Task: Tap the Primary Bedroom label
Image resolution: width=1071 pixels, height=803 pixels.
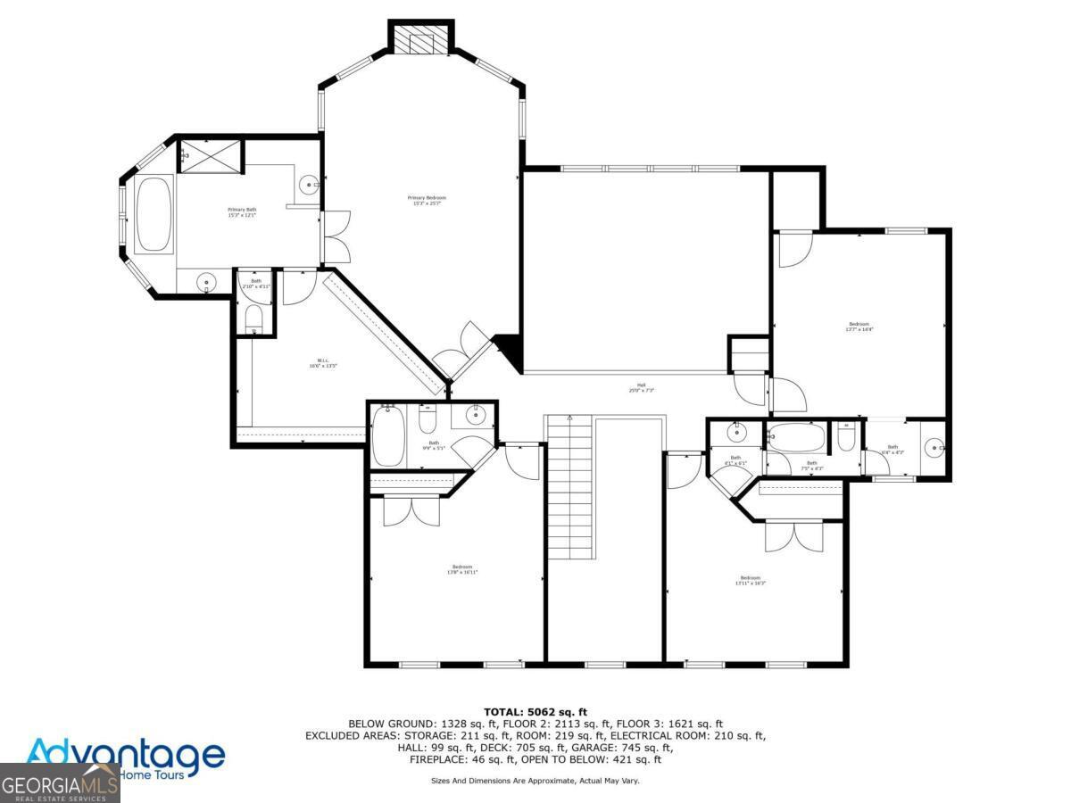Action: [427, 201]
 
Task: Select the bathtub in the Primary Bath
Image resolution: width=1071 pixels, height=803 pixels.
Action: [154, 215]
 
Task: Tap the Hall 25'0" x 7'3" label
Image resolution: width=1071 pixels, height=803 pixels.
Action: [642, 389]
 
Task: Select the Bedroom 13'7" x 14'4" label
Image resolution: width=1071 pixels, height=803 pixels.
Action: [859, 327]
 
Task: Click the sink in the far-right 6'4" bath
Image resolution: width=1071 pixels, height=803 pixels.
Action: [934, 447]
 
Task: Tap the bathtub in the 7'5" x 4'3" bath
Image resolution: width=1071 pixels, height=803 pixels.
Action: [797, 437]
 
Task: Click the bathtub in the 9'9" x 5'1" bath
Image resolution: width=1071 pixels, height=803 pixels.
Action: [387, 435]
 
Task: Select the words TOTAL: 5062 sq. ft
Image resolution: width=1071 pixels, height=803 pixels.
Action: [535, 711]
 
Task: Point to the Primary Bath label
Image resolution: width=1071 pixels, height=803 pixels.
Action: [242, 212]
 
